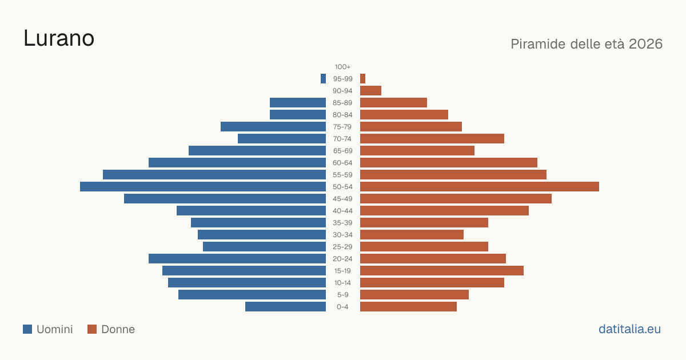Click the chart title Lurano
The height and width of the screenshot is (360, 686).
pyautogui.click(x=59, y=38)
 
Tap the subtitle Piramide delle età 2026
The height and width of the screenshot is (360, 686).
pyautogui.click(x=587, y=44)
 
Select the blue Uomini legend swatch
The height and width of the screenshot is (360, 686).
pyautogui.click(x=27, y=329)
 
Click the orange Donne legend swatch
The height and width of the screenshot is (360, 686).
pyautogui.click(x=92, y=329)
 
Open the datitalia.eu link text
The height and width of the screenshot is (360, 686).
pyautogui.click(x=629, y=329)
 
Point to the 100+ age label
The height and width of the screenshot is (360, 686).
pyautogui.click(x=342, y=67)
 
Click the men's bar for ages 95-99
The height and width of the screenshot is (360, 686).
pyautogui.click(x=323, y=79)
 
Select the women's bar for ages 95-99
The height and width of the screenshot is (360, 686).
pyautogui.click(x=362, y=79)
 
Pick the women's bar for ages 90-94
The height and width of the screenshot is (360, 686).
pyautogui.click(x=370, y=91)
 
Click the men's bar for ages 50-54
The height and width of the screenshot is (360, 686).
pyautogui.click(x=203, y=187)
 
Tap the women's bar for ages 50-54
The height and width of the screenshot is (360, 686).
pyautogui.click(x=480, y=187)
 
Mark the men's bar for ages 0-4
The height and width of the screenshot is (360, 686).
pyautogui.click(x=285, y=307)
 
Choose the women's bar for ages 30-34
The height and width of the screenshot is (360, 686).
pyautogui.click(x=412, y=235)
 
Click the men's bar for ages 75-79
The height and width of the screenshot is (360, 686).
pyautogui.click(x=273, y=127)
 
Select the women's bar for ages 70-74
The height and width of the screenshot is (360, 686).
pyautogui.click(x=432, y=139)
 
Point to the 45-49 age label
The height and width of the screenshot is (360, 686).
pyautogui.click(x=342, y=199)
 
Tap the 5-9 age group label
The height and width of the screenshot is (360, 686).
pyautogui.click(x=342, y=295)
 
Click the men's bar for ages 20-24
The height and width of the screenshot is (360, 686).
pyautogui.click(x=237, y=259)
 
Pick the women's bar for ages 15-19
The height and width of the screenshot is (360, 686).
pyautogui.click(x=442, y=271)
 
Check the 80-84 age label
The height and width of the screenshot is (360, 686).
pyautogui.click(x=342, y=115)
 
